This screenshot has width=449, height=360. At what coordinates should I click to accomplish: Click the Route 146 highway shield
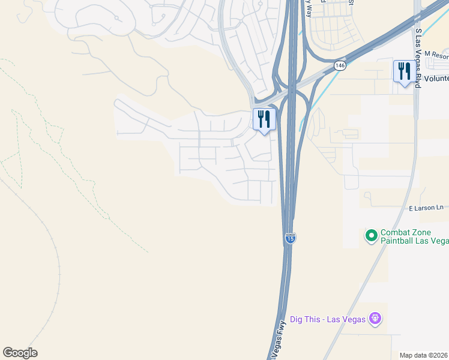(340, 65)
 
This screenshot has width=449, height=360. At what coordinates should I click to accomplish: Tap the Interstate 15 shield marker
(290, 238)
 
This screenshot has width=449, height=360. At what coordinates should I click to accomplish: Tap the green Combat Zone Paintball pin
(371, 236)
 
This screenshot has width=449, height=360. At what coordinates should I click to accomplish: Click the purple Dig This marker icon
(375, 318)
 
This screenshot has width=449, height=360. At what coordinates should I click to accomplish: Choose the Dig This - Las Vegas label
(328, 319)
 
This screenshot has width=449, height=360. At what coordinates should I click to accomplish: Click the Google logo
(20, 353)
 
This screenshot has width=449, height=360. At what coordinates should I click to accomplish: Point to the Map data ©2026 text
(424, 355)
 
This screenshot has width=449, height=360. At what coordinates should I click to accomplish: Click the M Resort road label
(436, 55)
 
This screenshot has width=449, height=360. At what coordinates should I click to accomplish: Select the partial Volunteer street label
(436, 78)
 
